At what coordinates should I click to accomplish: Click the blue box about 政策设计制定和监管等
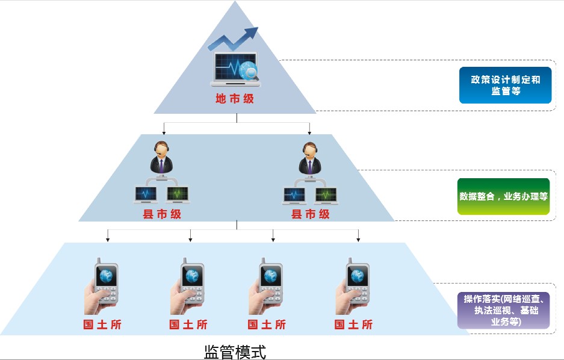coord(505,85)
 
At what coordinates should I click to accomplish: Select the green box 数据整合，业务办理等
coord(503,196)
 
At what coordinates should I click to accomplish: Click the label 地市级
coord(235,99)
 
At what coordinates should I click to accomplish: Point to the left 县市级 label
coord(161,214)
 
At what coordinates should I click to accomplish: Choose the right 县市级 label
coord(311,214)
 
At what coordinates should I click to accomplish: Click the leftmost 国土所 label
coord(101,324)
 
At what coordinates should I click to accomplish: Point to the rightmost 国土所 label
coord(353,324)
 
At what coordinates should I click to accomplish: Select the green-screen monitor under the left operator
coord(177,194)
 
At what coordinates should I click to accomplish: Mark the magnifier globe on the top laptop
coord(249,72)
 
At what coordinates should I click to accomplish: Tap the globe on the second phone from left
coord(192,276)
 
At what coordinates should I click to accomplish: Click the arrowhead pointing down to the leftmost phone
coord(108,240)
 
